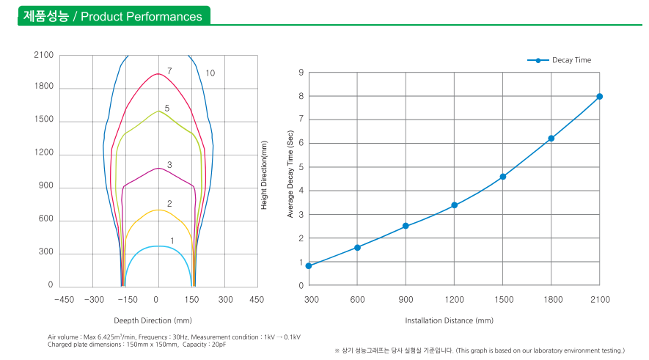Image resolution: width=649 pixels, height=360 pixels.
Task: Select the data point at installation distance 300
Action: tap(309, 265)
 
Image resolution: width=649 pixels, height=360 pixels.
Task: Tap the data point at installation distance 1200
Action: tap(454, 205)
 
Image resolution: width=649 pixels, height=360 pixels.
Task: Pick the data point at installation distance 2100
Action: tap(600, 96)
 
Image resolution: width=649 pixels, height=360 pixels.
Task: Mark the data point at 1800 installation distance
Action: tap(551, 139)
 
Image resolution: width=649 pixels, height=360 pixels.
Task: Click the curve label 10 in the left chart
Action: tap(210, 73)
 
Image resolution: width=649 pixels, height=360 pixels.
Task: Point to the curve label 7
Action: tap(169, 71)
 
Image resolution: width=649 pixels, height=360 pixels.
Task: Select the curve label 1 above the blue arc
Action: tap(172, 240)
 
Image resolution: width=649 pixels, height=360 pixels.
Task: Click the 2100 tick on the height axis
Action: tap(43, 55)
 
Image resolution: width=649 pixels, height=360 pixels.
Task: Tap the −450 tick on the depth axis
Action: tap(64, 299)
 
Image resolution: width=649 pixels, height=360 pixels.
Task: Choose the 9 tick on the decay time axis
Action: tap(301, 72)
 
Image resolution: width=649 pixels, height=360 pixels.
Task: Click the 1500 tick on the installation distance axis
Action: tap(502, 299)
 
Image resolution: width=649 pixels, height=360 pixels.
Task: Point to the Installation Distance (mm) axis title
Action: tap(449, 320)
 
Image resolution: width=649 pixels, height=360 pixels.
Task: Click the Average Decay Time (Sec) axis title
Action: tap(290, 178)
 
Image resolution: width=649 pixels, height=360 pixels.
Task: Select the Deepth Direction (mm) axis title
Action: tap(153, 320)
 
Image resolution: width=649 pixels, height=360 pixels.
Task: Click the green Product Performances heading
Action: tap(113, 16)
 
